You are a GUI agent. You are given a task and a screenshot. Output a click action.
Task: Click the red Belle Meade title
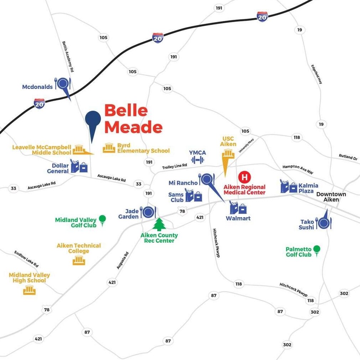coord(133,119)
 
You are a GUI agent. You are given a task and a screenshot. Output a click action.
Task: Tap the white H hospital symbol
coord(244,177)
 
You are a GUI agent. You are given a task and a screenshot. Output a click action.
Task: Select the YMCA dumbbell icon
coord(197,160)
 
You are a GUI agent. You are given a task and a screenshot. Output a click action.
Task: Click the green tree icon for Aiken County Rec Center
coord(159,224)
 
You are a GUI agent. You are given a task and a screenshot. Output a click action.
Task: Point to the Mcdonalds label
coord(37,87)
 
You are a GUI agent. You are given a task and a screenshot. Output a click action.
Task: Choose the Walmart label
coord(238,218)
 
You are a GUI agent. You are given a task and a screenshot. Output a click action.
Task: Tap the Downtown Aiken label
coord(331,197)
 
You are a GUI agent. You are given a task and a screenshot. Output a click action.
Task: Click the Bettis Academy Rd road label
coord(68,57)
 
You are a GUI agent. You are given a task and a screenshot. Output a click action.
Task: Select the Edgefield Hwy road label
coord(317,74)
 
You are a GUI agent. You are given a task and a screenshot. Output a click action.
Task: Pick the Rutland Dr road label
coord(348,157)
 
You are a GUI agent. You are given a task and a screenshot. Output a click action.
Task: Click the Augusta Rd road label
coord(123,260)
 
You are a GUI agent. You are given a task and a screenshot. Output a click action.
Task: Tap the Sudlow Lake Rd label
coord(26,259)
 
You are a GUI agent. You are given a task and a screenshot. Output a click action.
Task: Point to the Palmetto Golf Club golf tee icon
coord(317,251)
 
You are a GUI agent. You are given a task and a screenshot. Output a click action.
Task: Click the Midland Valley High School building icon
coord(30,290)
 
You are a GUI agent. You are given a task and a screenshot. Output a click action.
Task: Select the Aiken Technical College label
coord(79,248)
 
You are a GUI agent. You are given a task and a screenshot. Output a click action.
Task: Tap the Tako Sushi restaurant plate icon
coord(324,223)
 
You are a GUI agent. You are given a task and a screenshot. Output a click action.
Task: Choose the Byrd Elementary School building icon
coord(109,148)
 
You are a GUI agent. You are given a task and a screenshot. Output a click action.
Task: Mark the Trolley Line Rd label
coord(175,166)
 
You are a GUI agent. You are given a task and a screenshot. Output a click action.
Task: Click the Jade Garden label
coord(128,214)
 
